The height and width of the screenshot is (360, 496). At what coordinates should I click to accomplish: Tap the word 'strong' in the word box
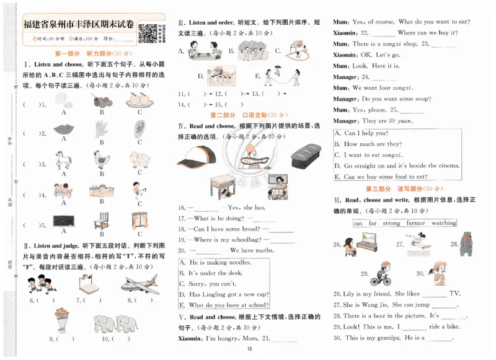(391, 222)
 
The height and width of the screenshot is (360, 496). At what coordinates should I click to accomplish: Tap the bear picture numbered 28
(467, 243)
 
